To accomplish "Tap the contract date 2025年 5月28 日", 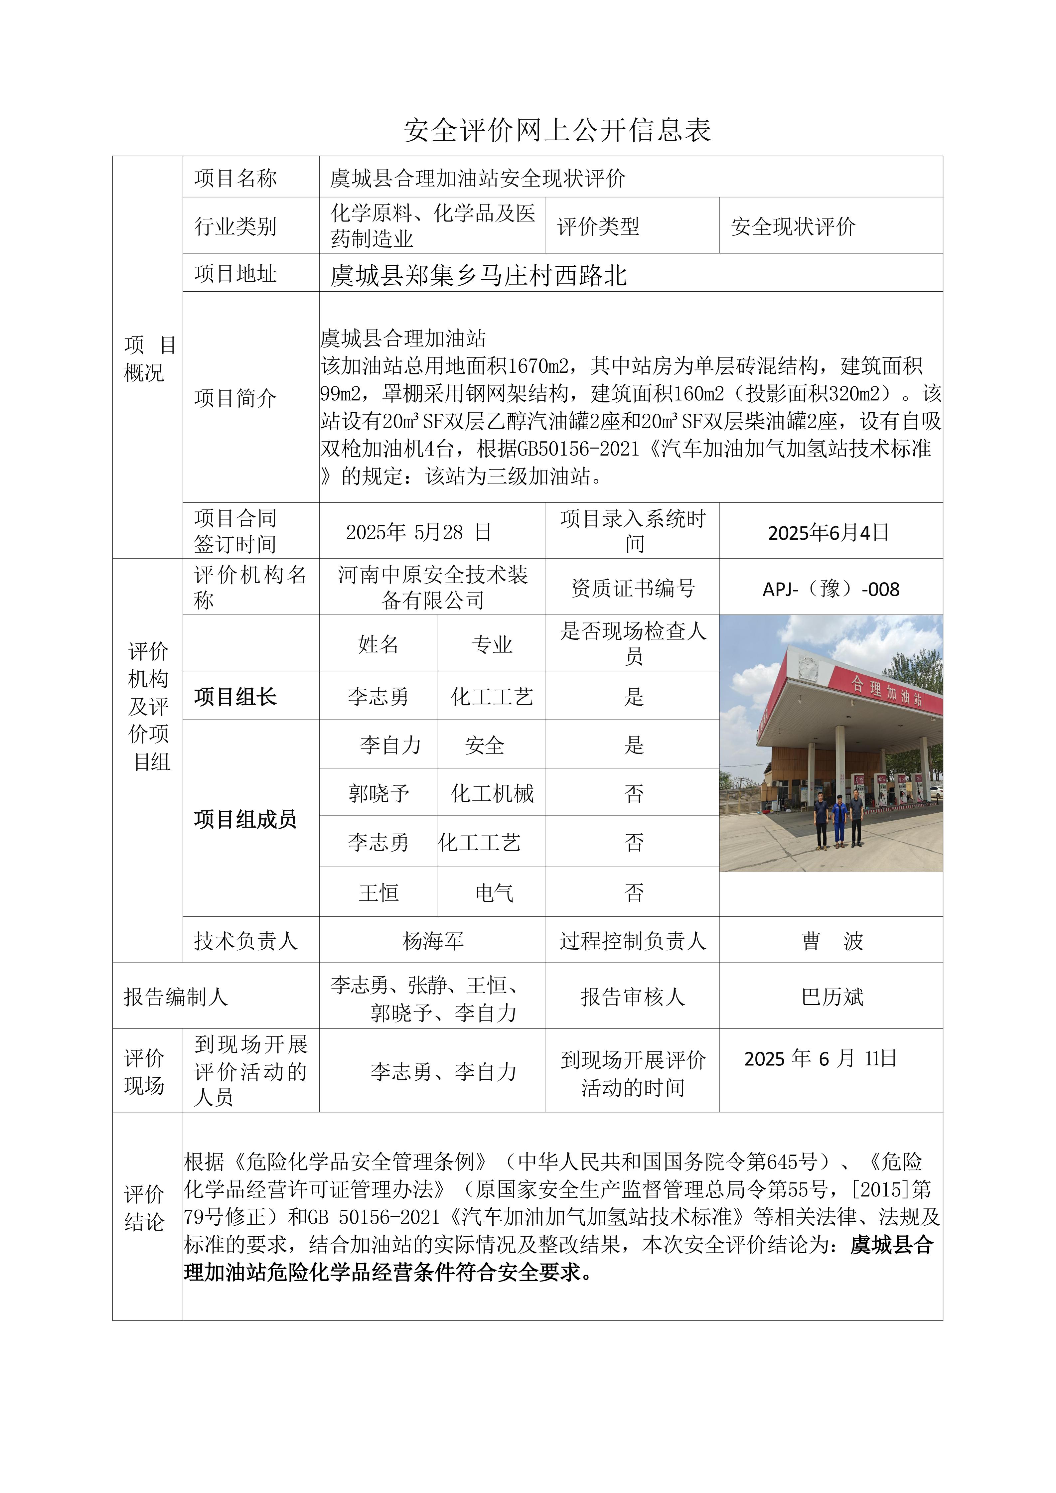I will coord(418,532).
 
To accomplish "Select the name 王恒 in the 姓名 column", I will coord(378,892).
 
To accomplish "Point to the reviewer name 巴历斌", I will coord(832,996).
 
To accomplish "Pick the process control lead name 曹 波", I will coord(832,940).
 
